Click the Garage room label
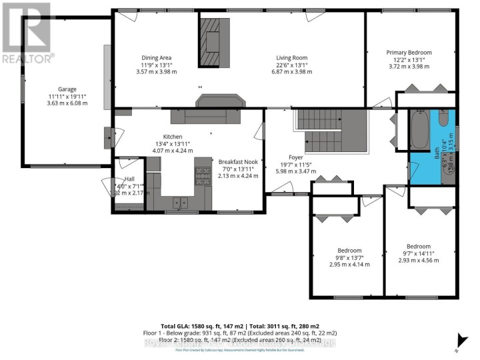pos(67,89)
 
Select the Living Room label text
pos(291,57)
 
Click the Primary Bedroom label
pos(409,53)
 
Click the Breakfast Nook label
pos(238,161)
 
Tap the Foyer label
pos(296,157)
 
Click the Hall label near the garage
pos(129,179)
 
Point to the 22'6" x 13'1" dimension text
pos(291,65)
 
